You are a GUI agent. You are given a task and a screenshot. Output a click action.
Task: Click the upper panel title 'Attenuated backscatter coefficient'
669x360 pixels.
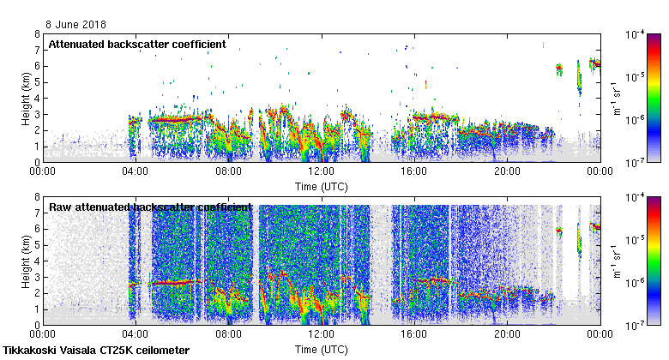tap(137, 44)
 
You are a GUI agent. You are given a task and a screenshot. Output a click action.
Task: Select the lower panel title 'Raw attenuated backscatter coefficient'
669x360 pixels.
tap(150, 207)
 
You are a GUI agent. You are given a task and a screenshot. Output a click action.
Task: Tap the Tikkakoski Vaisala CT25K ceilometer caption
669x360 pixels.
tap(96, 351)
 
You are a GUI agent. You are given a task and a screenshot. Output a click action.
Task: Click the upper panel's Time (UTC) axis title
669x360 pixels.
tap(322, 185)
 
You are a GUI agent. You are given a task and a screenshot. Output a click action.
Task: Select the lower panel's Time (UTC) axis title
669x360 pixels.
tap(322, 349)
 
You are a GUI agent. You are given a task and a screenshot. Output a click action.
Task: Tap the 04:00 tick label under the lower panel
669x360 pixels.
tap(136, 334)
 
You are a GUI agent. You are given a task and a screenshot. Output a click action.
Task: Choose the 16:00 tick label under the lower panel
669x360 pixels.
tap(414, 334)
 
